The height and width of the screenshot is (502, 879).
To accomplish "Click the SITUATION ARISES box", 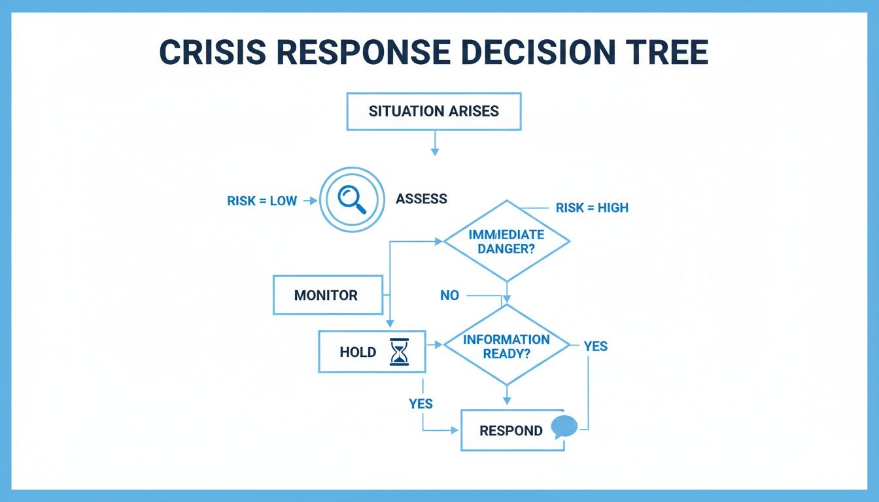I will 434,111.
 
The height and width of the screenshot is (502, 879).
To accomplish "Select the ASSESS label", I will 421,199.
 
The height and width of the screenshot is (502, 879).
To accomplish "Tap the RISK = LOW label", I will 262,201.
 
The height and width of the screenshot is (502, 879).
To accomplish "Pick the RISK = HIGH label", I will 591,208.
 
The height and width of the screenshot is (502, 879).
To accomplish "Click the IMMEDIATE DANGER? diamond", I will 507,241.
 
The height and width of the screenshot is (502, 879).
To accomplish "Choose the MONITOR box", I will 327,295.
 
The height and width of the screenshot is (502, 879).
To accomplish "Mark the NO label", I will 449,295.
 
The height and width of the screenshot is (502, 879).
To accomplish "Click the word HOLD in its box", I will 358,352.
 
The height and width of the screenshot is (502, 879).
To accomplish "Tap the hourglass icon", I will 399,352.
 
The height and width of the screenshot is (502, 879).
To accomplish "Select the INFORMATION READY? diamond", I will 507,346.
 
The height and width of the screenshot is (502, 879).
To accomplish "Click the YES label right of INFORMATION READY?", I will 595,346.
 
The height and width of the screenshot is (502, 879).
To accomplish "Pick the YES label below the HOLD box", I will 421,404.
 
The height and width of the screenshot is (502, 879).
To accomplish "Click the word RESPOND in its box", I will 511,431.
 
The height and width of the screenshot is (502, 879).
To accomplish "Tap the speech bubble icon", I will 564,427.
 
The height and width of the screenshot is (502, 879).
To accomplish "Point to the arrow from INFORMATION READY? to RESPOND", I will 507,396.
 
